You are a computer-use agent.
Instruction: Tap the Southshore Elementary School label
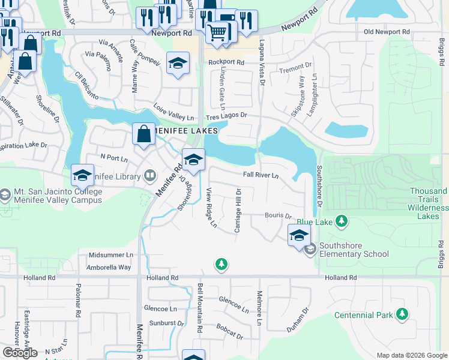point(354,250)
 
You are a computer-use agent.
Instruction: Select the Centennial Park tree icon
point(402,314)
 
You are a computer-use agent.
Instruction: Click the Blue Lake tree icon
point(342,221)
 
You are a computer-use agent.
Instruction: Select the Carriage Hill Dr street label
point(238,211)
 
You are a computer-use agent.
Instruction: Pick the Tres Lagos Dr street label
point(226,115)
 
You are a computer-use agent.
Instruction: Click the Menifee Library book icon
point(150,176)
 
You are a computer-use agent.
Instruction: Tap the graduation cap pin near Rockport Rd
point(178,64)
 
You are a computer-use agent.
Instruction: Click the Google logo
point(19,352)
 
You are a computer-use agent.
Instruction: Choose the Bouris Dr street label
point(278,215)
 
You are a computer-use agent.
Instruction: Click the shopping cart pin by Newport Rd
point(217,31)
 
